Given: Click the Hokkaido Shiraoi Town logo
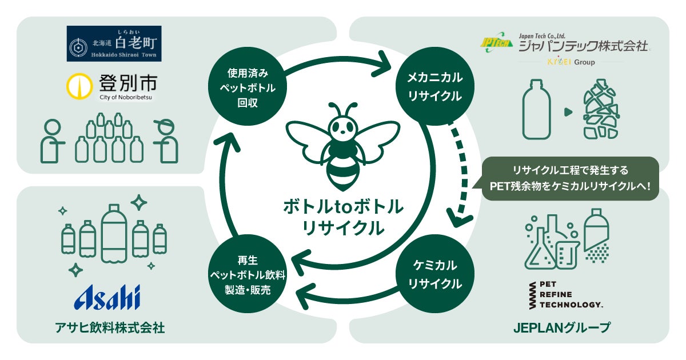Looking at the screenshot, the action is tap(114, 43).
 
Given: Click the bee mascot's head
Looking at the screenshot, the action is tap(343, 123).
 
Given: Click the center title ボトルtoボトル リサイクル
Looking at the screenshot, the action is tap(343, 217).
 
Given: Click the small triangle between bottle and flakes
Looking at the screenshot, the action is tap(567, 110).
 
